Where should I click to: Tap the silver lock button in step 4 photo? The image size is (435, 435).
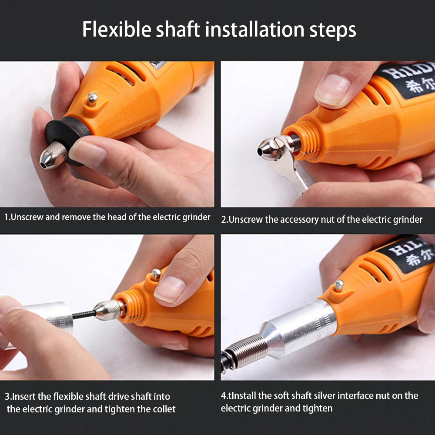click(338, 285)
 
